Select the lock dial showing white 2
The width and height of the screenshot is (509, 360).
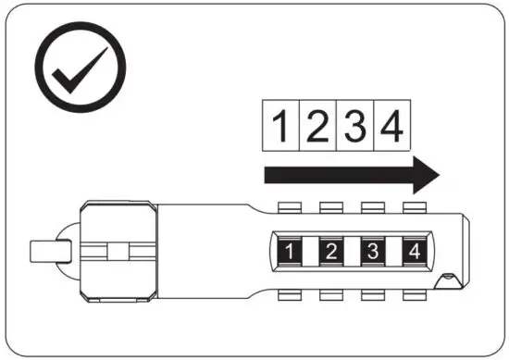coord(331,250)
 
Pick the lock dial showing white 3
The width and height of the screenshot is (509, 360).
coord(372,250)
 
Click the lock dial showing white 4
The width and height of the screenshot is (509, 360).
coord(413,250)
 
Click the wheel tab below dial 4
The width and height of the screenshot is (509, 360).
coord(413,295)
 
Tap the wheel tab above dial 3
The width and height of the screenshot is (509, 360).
coord(372,205)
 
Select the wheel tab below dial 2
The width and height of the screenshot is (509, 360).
coord(331,295)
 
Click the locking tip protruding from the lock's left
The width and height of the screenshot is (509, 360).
coord(46,251)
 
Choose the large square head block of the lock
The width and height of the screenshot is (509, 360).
coord(118,250)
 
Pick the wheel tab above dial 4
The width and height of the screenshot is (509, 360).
coord(413,205)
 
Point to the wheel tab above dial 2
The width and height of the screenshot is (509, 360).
coord(331,205)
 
